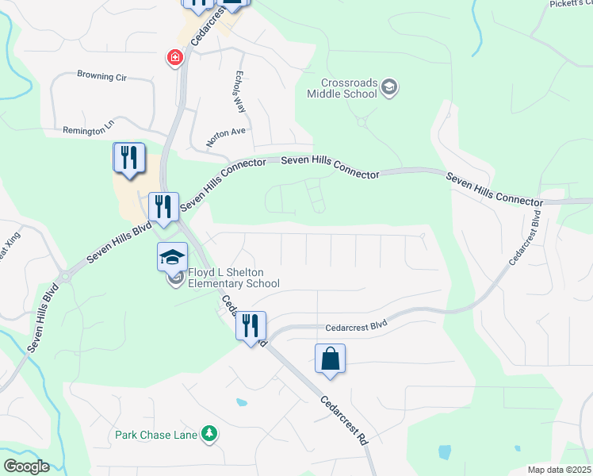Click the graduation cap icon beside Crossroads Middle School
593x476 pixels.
(388, 87)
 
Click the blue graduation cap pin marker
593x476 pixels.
(172, 258)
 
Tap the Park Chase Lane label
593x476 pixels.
(158, 435)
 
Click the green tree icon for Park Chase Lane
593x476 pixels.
(209, 434)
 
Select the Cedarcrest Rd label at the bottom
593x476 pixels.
(345, 420)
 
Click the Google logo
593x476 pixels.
(25, 466)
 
